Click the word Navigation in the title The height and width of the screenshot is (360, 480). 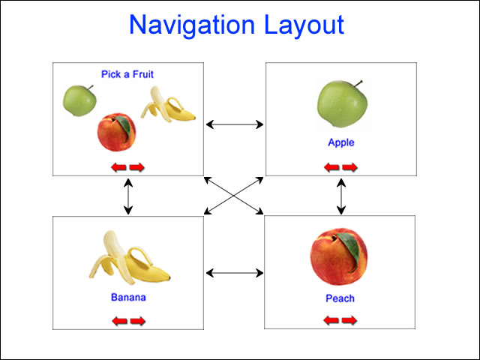[x=192, y=25]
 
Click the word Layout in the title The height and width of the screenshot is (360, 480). [x=304, y=25]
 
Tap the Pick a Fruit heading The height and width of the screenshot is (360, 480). [x=127, y=74]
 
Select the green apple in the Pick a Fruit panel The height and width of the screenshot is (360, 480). [x=79, y=100]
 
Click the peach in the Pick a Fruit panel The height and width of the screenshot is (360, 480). [x=117, y=132]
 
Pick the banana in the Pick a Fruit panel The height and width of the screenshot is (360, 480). [x=168, y=105]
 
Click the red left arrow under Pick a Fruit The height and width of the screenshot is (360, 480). [x=118, y=167]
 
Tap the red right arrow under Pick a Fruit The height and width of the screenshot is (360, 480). [x=136, y=167]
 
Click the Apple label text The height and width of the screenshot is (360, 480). [x=341, y=142]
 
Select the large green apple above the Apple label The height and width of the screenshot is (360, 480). [x=342, y=104]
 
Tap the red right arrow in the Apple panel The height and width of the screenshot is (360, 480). [x=350, y=167]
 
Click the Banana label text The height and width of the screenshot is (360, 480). [x=128, y=297]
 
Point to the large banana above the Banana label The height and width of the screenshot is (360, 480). [x=129, y=258]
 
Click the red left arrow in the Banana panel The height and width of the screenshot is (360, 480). [x=120, y=321]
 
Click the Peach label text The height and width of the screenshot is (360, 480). [x=340, y=298]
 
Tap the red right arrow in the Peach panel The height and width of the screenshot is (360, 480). [x=349, y=320]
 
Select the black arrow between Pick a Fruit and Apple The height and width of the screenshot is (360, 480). [x=235, y=124]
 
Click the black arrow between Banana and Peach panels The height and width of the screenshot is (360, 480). [x=235, y=273]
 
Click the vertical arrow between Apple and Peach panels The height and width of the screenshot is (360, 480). [x=341, y=196]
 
